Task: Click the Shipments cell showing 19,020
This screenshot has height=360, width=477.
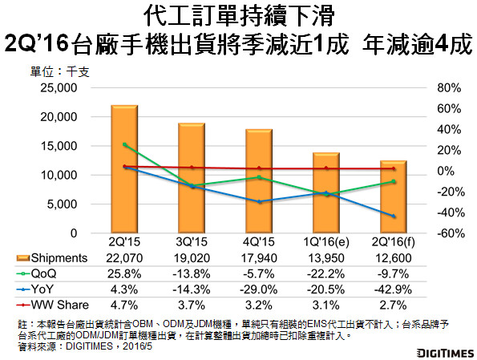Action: click(x=192, y=257)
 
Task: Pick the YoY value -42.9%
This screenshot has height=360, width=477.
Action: click(x=394, y=289)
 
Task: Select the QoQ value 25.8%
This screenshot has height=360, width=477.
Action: click(x=124, y=273)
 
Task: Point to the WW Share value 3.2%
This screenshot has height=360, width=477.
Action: click(x=259, y=305)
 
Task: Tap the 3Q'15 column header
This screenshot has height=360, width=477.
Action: click(x=192, y=242)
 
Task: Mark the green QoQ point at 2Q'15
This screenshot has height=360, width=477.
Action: click(x=124, y=144)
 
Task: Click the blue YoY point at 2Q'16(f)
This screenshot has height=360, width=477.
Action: click(x=394, y=216)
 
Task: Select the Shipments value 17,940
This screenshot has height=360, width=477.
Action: click(x=259, y=257)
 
